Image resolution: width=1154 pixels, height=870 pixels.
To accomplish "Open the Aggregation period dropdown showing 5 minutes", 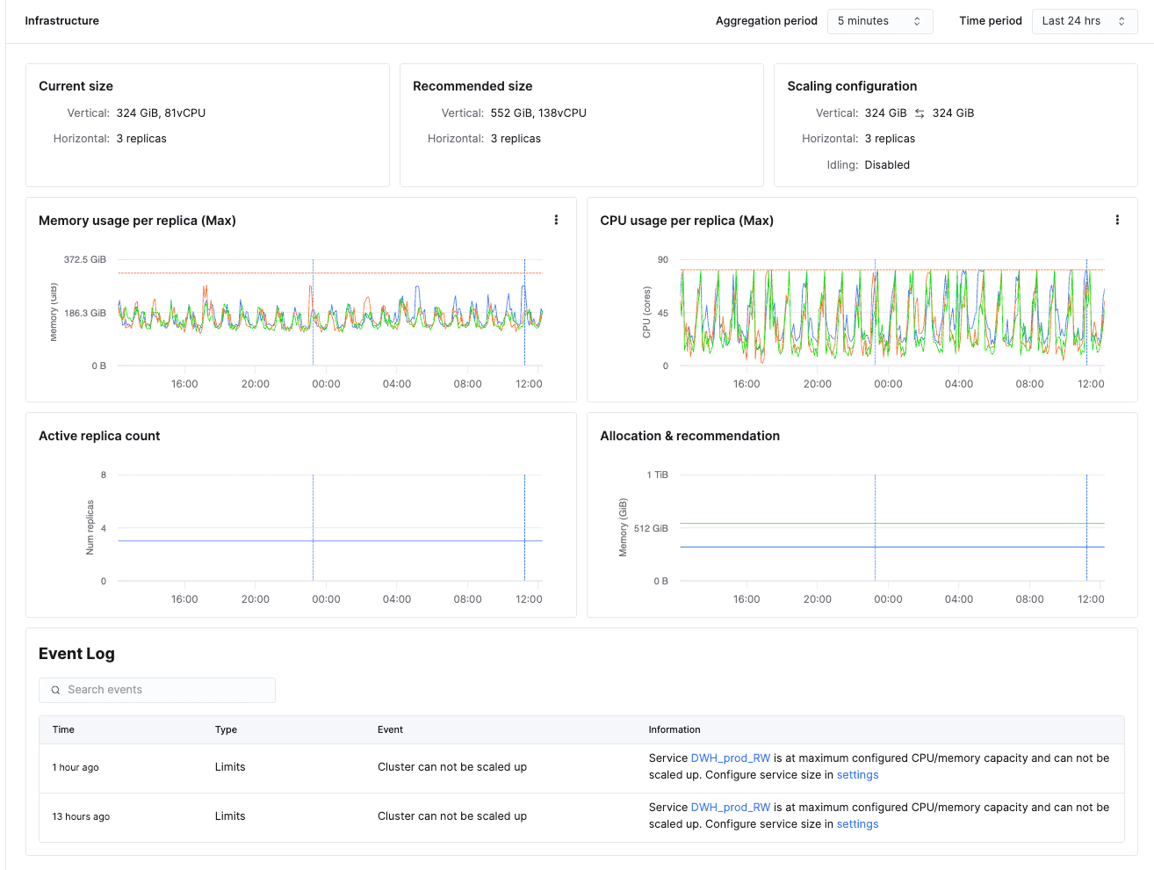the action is (x=880, y=21).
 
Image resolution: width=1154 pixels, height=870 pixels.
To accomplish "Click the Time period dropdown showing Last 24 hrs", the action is (x=1084, y=21).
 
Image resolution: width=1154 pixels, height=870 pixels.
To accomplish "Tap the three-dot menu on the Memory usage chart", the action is (x=556, y=220).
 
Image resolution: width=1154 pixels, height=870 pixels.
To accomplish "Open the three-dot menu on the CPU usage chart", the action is (x=1117, y=220).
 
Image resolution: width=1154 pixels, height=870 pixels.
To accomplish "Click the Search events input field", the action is (x=156, y=690).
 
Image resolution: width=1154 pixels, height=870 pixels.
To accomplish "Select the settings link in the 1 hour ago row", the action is (x=857, y=775).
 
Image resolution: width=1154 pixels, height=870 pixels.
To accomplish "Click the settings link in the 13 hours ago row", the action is (x=857, y=823).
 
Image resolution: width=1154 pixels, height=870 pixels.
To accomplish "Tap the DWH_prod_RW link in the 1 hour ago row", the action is (x=731, y=758).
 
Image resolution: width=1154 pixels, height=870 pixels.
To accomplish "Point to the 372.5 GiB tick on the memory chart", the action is (x=84, y=259).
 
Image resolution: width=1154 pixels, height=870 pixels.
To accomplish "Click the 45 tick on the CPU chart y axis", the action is (x=662, y=313).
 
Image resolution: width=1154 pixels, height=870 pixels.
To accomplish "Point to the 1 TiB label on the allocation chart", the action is (x=657, y=475).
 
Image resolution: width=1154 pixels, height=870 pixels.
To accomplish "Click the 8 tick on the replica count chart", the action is (x=104, y=475).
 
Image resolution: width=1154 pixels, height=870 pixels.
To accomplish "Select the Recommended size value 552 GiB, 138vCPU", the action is (x=538, y=113).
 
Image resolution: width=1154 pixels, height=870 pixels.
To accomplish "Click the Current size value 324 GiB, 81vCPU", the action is (x=161, y=113).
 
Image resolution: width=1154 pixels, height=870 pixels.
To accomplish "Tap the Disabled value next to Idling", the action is (x=887, y=164).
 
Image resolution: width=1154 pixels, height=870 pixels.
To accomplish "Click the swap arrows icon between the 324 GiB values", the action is (x=919, y=113).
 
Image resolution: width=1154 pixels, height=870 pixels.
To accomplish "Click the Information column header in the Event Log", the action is (x=674, y=729).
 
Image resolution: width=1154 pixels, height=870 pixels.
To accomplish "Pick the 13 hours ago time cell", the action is (x=81, y=816).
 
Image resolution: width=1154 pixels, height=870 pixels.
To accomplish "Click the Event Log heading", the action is (x=76, y=653).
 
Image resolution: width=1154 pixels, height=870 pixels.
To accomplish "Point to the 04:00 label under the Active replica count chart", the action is (x=396, y=599).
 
